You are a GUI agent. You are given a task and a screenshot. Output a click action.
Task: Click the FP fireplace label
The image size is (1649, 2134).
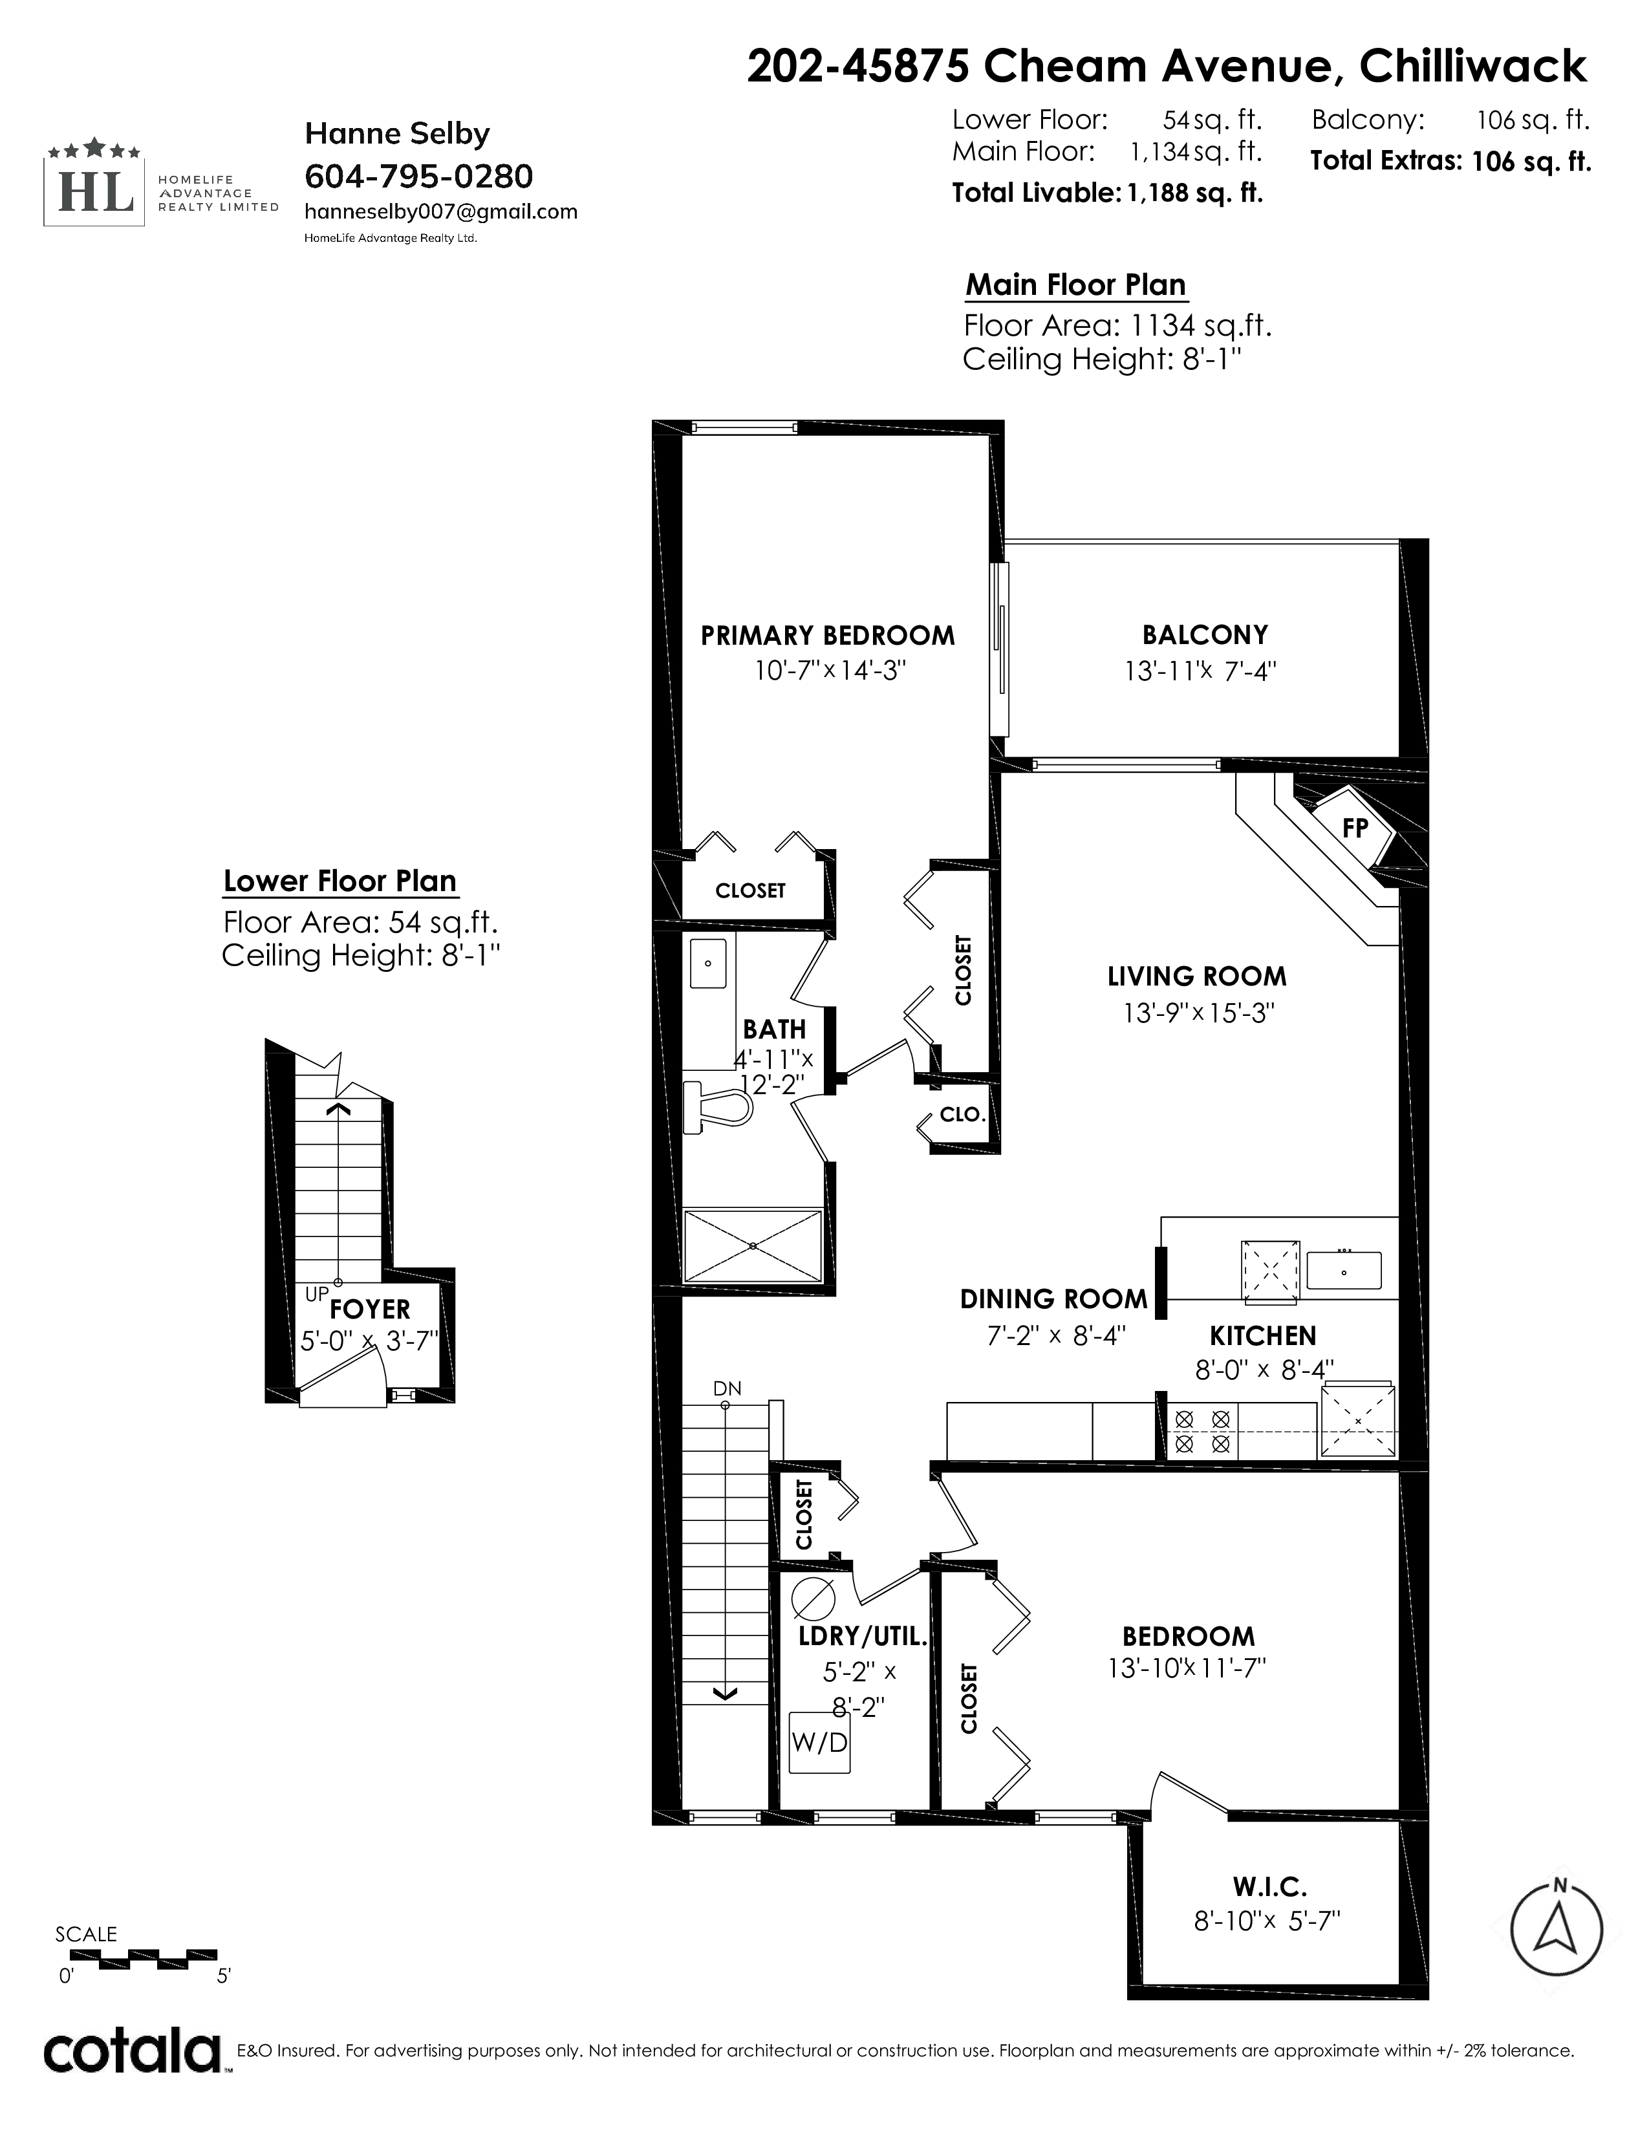pos(1355,828)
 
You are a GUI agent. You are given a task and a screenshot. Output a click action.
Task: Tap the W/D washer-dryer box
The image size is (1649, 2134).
pos(819,1742)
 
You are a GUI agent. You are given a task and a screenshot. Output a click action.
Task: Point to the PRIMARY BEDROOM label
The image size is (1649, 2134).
pos(828,636)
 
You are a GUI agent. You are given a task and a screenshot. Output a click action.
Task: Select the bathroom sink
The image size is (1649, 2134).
pos(708,964)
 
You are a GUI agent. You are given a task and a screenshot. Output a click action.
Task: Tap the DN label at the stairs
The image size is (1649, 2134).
pos(727,1388)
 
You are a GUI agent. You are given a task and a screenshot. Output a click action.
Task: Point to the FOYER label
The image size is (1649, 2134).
pos(371,1309)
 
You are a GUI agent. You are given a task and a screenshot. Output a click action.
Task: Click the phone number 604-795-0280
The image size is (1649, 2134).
pos(419,177)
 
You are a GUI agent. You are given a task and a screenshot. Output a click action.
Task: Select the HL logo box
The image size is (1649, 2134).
pos(95,183)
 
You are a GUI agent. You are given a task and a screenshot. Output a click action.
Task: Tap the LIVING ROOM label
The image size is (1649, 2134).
pos(1197,976)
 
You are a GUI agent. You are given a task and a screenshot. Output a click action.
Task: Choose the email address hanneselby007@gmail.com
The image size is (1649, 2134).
pos(440,212)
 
